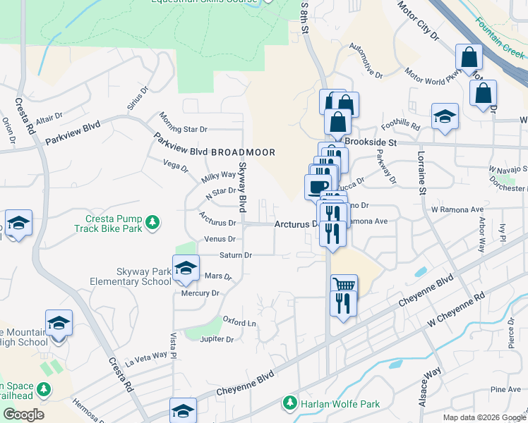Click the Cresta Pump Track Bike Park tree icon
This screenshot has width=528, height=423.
[151, 223]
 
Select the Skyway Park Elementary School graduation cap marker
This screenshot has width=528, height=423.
[186, 269]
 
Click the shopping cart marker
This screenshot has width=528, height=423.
[344, 286]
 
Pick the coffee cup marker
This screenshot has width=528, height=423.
[317, 188]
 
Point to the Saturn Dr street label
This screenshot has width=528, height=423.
[237, 255]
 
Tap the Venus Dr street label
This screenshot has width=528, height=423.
[220, 239]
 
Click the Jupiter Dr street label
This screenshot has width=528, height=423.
[217, 339]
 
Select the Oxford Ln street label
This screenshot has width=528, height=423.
[239, 323]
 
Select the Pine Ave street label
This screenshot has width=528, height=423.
[505, 389]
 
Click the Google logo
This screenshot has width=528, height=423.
[23, 415]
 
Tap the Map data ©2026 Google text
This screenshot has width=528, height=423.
[484, 417]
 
